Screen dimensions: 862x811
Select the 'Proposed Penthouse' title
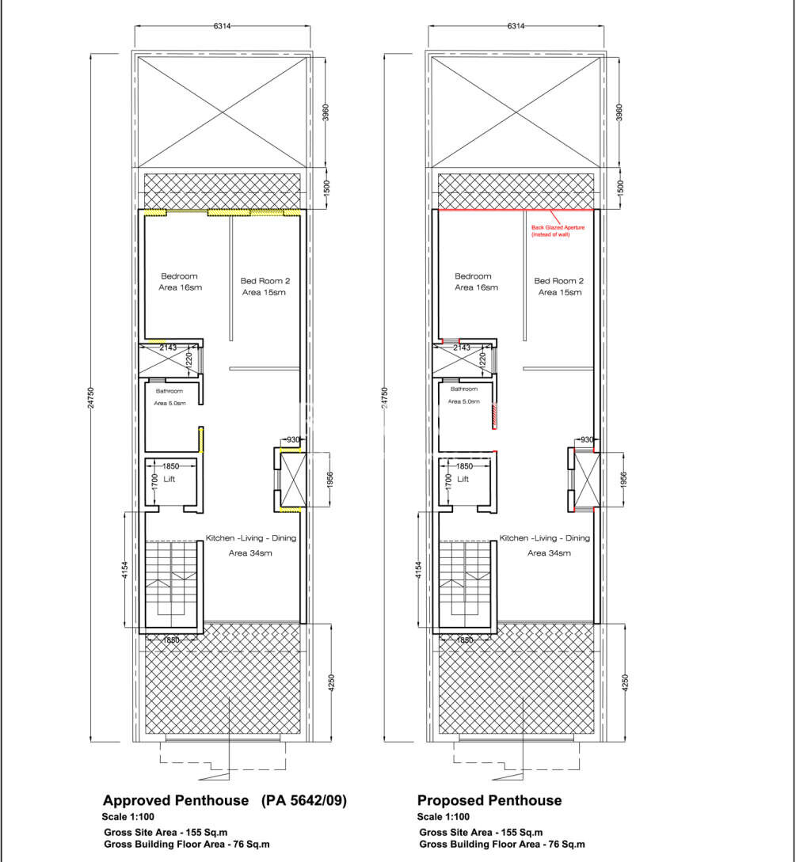489,800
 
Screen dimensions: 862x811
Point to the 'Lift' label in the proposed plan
463,479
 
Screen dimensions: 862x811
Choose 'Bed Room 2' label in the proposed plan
559,281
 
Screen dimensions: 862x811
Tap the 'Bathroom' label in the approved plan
169,391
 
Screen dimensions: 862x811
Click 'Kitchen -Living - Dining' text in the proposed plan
544,538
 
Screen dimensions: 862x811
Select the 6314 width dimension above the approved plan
223,26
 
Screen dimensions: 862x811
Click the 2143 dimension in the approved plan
168,347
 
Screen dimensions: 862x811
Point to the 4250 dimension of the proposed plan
627,682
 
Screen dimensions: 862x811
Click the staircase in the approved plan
170,579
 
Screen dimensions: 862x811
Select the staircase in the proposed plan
464,579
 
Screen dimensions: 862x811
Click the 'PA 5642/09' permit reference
304,800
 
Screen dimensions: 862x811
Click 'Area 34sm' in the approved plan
250,553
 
